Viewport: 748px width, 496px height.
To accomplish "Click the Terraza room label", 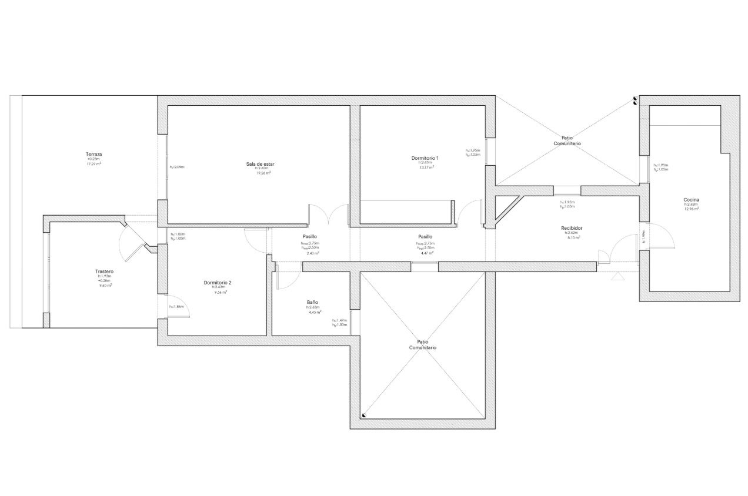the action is point(94,154).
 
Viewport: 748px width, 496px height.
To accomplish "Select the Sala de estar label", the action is point(261,163).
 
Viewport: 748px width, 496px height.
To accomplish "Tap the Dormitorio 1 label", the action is point(425,158).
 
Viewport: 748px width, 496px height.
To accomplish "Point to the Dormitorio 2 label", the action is point(218,283).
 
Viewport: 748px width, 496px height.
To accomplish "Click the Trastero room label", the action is point(104,272).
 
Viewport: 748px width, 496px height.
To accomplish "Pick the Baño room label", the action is point(312,302).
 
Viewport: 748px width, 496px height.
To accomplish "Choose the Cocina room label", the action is point(691,200).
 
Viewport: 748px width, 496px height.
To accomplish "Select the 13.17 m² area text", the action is point(426,167).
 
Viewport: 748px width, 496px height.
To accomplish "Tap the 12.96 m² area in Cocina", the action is point(692,209).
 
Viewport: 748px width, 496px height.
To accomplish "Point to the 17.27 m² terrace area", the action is point(94,164).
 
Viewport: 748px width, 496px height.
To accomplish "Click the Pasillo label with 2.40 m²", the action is point(309,236).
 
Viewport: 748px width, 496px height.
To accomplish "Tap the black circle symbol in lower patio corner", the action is point(365,415).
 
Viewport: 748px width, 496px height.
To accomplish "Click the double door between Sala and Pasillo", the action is point(329,215).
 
